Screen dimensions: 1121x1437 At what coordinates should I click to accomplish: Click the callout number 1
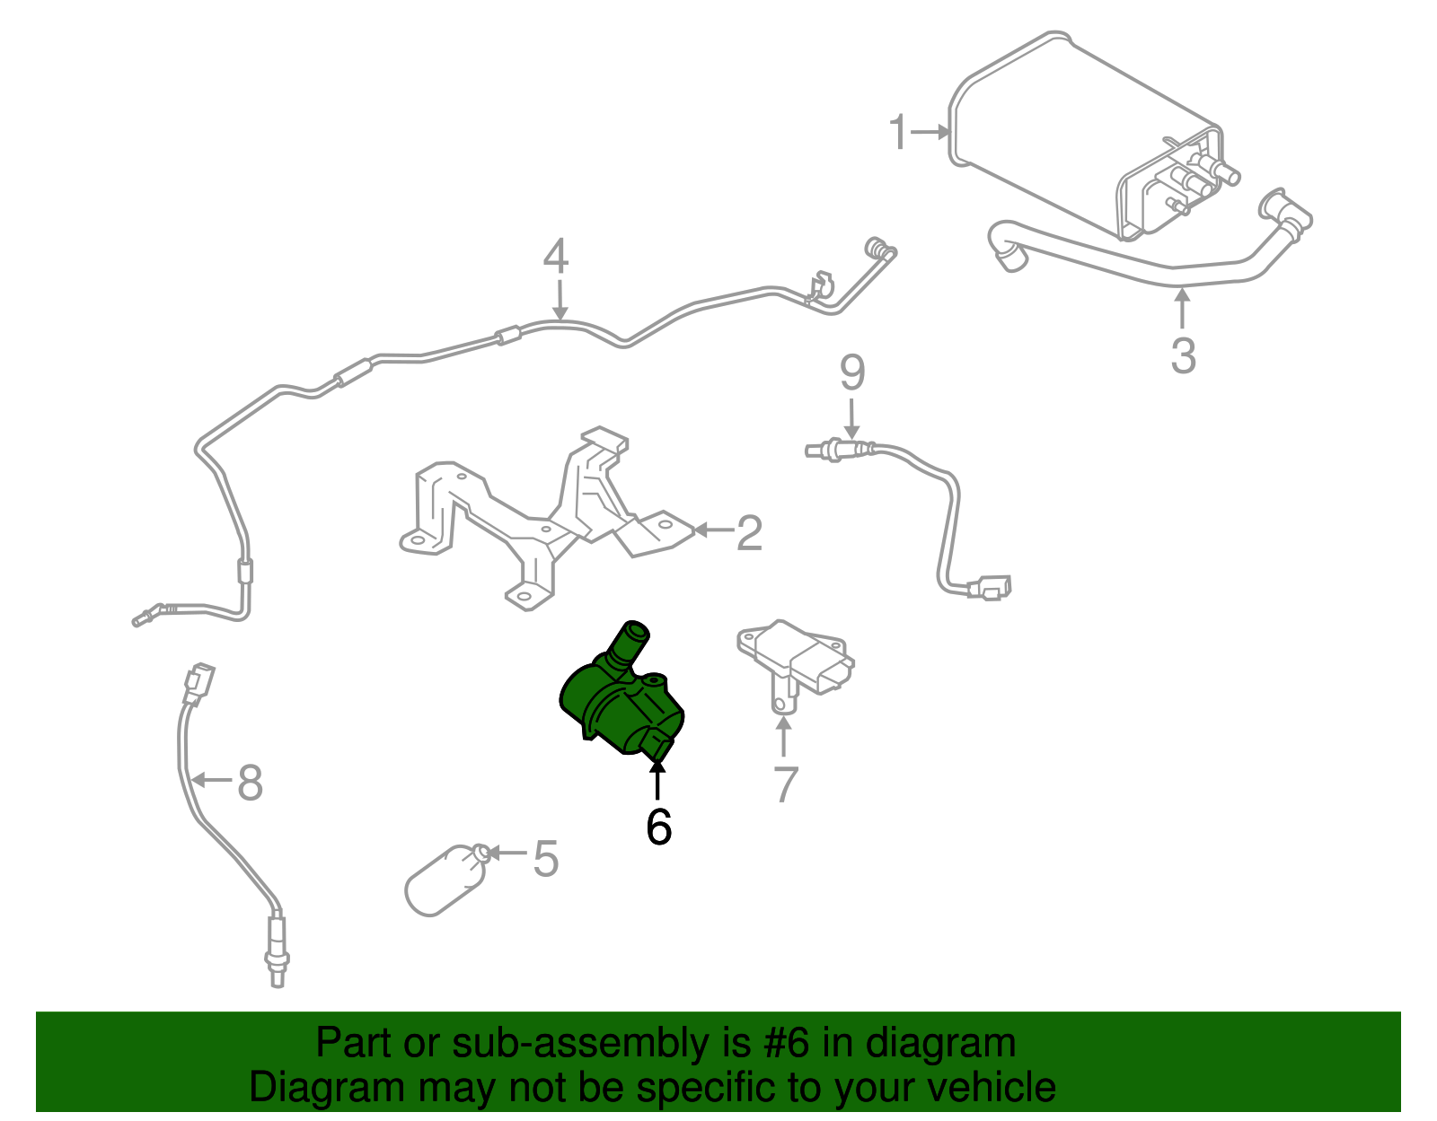coord(898,132)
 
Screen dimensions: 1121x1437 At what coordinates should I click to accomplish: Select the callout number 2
coord(749,533)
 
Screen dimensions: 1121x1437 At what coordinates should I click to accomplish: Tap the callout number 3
coord(1183,355)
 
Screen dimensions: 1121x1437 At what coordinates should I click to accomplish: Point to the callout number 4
coord(556,257)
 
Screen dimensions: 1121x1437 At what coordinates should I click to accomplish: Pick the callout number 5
coord(545,859)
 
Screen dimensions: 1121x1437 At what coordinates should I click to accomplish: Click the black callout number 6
coord(658,827)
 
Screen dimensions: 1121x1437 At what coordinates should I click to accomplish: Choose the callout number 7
coord(785,784)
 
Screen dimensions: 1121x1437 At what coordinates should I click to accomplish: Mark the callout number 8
coord(250,782)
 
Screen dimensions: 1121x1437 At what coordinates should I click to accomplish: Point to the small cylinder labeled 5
coord(445,880)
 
